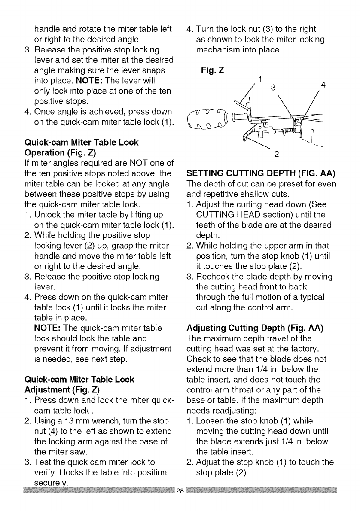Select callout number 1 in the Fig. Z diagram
[259, 79]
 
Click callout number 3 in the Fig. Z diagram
[271, 88]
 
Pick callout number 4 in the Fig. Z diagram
[323, 85]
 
